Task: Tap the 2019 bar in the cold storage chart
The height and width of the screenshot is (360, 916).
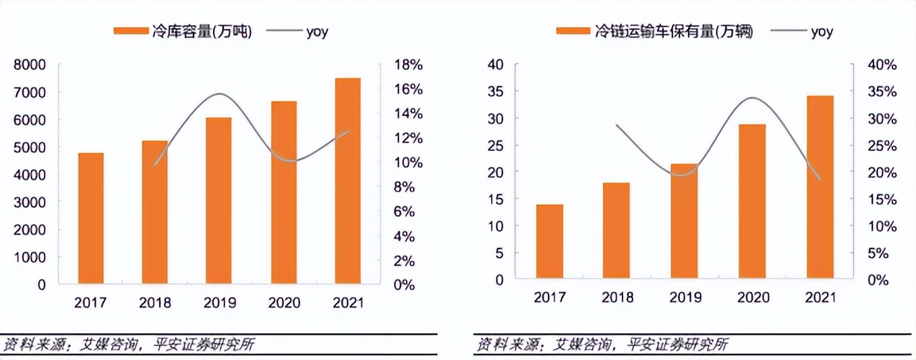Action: pyautogui.click(x=219, y=200)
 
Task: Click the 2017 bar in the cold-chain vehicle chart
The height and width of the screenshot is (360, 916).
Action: pyautogui.click(x=549, y=242)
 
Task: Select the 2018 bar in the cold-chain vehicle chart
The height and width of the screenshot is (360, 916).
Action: pyautogui.click(x=617, y=231)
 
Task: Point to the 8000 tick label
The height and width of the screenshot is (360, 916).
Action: pyautogui.click(x=29, y=65)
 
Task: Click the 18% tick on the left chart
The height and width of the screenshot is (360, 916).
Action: pyautogui.click(x=409, y=65)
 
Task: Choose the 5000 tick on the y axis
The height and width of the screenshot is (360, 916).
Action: pyautogui.click(x=29, y=147)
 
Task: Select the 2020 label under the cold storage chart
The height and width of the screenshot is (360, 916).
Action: pyautogui.click(x=283, y=303)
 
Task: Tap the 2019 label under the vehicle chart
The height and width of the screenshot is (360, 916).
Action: pyautogui.click(x=685, y=297)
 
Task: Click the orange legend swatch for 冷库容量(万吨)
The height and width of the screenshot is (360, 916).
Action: pyautogui.click(x=130, y=32)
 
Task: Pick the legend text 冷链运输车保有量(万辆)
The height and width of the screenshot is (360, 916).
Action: pyautogui.click(x=672, y=32)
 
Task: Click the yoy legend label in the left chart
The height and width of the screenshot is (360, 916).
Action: pyautogui.click(x=317, y=32)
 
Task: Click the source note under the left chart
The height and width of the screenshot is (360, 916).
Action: pyautogui.click(x=129, y=345)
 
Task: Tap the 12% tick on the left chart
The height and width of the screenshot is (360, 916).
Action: pyautogui.click(x=409, y=138)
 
